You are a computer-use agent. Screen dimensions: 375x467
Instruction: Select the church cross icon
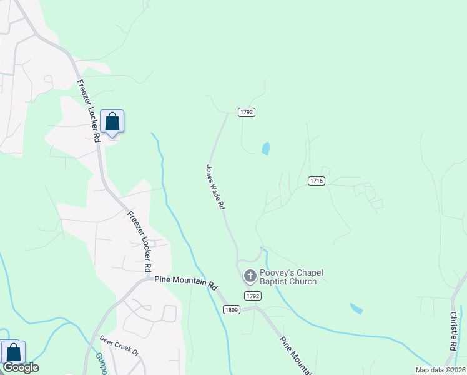(250, 276)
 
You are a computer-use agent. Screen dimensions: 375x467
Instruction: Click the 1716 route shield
(317, 181)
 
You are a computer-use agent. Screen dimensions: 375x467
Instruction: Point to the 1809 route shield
(232, 309)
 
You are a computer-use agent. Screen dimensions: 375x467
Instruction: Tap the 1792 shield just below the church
(252, 296)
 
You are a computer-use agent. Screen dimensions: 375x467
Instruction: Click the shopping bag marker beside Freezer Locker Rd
(112, 121)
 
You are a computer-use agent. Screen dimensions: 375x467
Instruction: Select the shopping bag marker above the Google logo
(13, 352)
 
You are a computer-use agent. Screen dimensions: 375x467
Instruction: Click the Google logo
(20, 367)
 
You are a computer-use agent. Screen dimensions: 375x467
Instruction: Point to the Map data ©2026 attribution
(440, 370)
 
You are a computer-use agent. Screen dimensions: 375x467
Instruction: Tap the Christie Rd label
(453, 331)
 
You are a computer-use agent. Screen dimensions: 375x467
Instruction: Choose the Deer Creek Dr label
(119, 345)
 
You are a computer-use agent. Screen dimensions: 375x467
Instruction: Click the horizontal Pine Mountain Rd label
(185, 282)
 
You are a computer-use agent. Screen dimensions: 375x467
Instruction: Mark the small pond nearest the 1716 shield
(266, 148)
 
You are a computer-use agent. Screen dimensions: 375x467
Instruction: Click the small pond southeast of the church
(356, 308)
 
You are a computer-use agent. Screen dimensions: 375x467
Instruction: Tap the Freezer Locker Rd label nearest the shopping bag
(88, 110)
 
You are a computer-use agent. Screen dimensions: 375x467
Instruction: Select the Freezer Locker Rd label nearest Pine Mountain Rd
(140, 241)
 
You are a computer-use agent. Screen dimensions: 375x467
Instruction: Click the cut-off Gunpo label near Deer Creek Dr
(101, 362)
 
